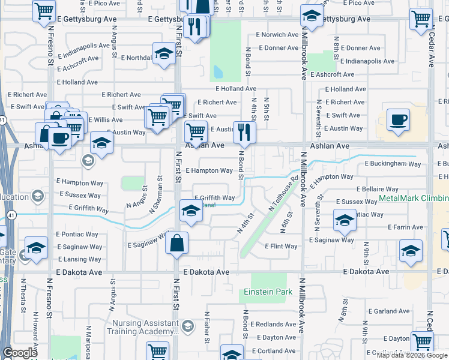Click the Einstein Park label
tap(268, 292)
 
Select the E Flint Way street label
tap(282, 247)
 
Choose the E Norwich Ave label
tap(277, 35)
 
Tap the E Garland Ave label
tap(389, 311)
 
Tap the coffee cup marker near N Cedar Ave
tap(398, 119)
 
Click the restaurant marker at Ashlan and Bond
tap(244, 132)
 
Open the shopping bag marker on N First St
tap(178, 244)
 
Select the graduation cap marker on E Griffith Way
tap(191, 211)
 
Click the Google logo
tap(20, 353)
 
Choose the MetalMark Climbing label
tap(414, 199)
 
